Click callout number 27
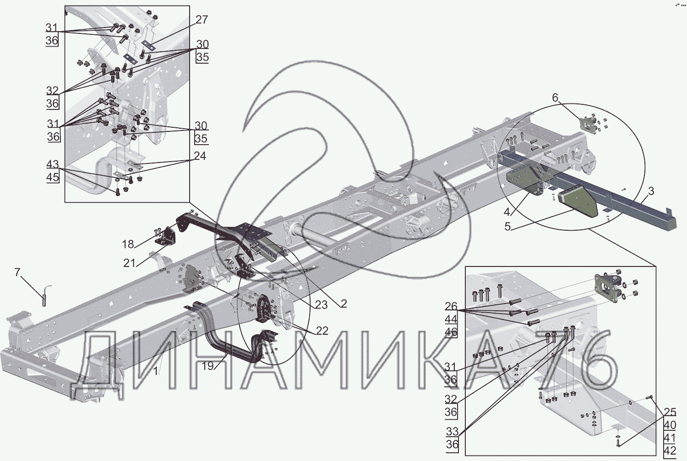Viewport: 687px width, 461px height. pos(202,20)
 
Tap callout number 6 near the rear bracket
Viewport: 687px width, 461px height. pos(555,98)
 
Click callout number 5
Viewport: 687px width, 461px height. pos(507,227)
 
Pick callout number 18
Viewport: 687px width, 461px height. pos(128,244)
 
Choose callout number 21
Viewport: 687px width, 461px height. pos(129,263)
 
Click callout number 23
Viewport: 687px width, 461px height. pos(321,305)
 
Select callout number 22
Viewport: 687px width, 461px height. pos(322,331)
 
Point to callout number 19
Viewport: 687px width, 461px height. pos(207,366)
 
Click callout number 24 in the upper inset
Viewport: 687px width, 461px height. pos(200,156)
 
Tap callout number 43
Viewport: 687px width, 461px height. pos(53,164)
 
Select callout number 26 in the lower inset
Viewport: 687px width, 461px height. pos(451,306)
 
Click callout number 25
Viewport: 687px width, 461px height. pos(670,412)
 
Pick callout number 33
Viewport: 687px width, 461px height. pos(452,432)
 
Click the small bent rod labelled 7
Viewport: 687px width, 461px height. pos(45,295)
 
